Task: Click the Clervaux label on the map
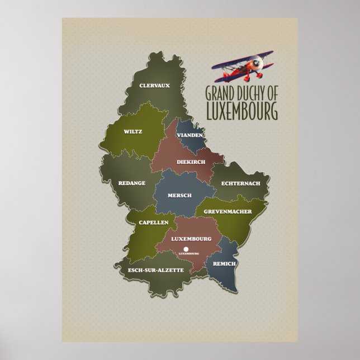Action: point(154,86)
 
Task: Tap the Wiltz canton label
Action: point(134,132)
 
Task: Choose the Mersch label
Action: point(180,195)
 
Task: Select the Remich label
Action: point(225,263)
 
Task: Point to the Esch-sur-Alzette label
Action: point(156,271)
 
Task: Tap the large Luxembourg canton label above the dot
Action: point(191,239)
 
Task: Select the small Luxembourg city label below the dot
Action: point(189,254)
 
